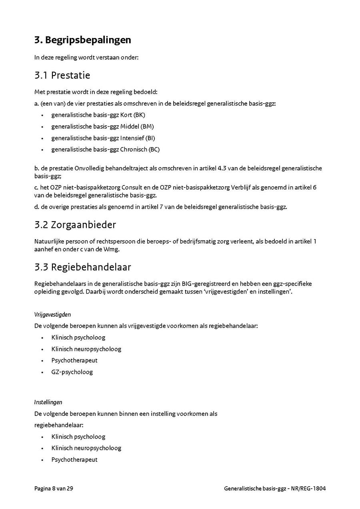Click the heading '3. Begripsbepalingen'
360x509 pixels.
click(x=83, y=40)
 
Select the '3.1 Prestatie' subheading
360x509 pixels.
click(x=62, y=75)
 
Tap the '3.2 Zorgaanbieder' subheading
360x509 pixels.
click(x=75, y=225)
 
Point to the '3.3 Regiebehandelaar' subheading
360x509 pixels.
click(x=83, y=267)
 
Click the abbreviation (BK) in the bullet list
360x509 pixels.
click(x=139, y=115)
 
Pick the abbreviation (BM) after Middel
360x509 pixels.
click(x=147, y=127)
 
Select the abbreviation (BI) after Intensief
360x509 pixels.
click(x=150, y=138)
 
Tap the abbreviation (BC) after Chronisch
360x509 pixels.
click(x=154, y=150)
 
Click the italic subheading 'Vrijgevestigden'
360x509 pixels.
click(x=52, y=315)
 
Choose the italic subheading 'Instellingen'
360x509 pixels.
click(x=48, y=402)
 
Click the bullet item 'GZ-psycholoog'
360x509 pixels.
click(x=72, y=372)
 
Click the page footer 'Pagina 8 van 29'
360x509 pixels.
click(x=54, y=489)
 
